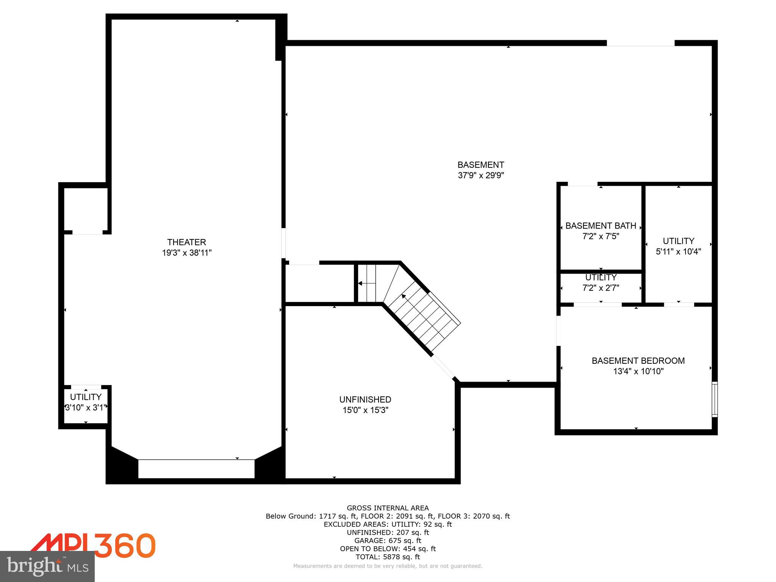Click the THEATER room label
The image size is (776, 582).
(x=186, y=242)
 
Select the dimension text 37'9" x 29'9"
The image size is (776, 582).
(x=480, y=175)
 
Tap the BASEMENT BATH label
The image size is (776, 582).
(x=601, y=226)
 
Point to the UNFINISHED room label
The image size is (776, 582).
(x=365, y=399)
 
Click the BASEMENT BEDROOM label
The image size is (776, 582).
(x=638, y=361)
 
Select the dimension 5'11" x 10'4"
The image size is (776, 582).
(x=678, y=251)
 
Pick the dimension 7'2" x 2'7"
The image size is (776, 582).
(x=601, y=288)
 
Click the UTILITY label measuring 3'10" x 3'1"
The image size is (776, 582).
(x=86, y=397)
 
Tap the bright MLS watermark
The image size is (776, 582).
(x=47, y=567)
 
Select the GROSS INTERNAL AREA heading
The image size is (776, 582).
(x=388, y=508)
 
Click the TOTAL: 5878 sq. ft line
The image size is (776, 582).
(x=388, y=557)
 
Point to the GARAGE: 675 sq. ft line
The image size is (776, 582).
(x=388, y=541)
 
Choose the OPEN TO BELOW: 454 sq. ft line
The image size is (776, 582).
(x=388, y=549)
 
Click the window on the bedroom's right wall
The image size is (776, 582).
(x=714, y=399)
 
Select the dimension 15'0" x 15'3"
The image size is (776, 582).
(x=365, y=410)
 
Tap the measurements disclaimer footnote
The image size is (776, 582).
(x=388, y=566)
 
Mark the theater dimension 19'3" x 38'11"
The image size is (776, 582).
(x=186, y=253)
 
